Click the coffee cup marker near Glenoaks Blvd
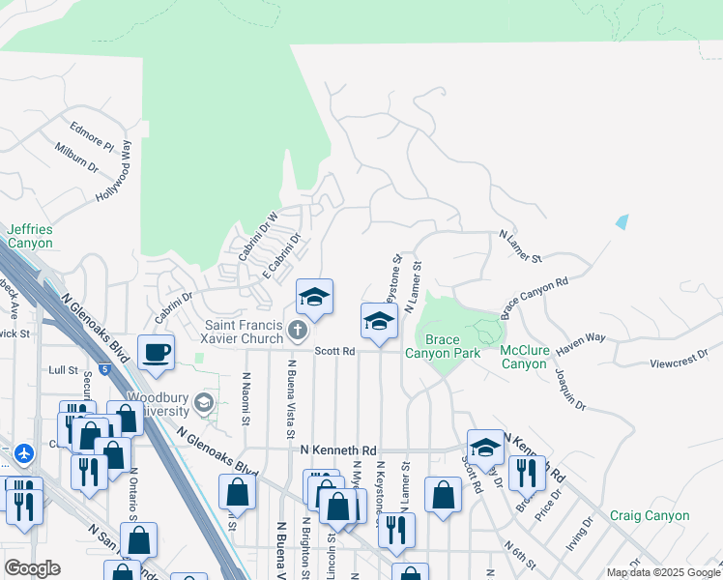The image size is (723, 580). pos(156,353)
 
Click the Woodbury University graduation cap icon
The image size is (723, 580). pos(203,402)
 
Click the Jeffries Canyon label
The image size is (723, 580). pos(30,236)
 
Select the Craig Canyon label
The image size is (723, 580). pos(650,516)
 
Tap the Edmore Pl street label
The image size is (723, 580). pos(92,137)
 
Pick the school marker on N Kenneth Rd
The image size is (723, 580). pos(485,448)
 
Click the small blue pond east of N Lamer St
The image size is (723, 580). pos(621,222)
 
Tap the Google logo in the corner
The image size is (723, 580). pos(32,568)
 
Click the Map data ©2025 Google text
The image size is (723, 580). pos(662,572)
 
